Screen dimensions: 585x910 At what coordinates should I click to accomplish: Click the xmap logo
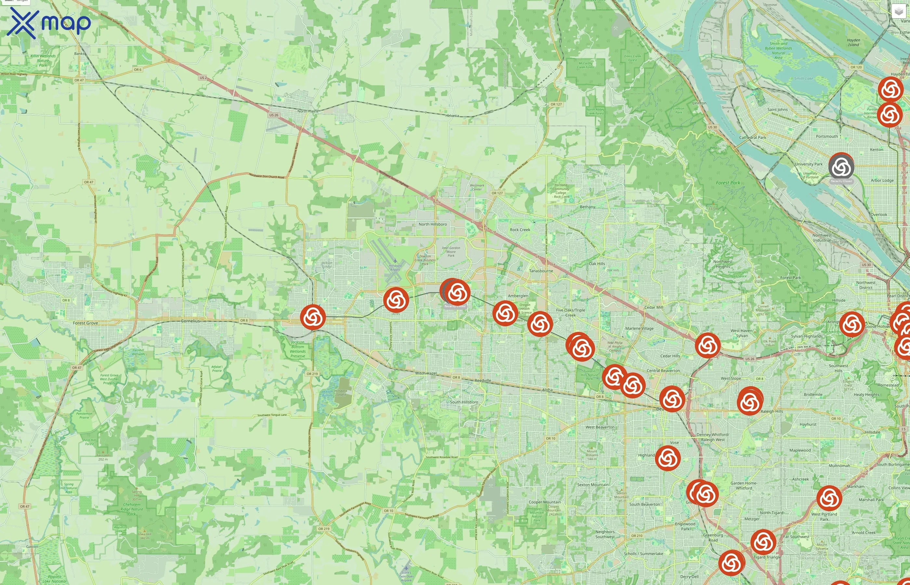point(49,23)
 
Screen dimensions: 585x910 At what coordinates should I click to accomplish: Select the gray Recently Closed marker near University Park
point(841,166)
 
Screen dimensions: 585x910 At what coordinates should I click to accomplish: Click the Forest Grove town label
point(85,323)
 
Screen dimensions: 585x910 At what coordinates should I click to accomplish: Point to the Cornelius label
point(190,321)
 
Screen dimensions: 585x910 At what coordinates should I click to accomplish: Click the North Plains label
point(308,111)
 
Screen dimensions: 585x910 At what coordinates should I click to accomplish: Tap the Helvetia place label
point(452,115)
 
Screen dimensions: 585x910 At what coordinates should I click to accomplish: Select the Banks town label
point(79,54)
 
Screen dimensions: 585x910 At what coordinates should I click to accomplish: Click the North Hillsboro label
point(433,224)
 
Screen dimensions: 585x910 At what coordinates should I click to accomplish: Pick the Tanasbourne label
point(541,271)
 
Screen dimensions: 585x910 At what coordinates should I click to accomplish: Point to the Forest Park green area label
point(728,183)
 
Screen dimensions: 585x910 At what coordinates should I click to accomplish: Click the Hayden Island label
point(853,42)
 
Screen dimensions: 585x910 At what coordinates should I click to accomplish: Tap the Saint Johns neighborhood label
point(777,110)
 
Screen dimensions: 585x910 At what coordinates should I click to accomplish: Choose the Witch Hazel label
point(426,373)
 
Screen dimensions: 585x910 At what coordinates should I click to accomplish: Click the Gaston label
point(32,547)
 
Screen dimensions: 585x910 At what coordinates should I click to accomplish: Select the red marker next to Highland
point(668,458)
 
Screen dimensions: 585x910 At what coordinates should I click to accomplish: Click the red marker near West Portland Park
point(829,498)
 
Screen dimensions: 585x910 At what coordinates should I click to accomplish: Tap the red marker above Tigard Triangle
point(763,542)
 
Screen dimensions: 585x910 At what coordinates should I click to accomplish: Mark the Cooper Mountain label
point(545,502)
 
